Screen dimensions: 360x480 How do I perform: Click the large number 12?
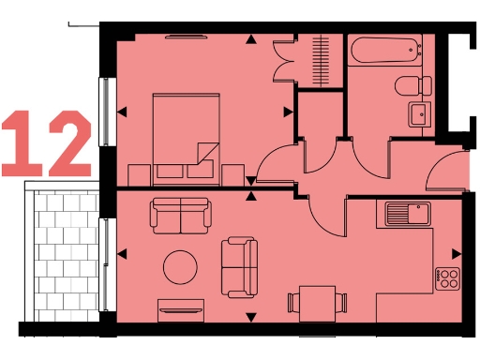tap(47, 142)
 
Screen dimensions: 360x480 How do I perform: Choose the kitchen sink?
tap(404, 215)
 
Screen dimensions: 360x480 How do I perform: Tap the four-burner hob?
tap(447, 277)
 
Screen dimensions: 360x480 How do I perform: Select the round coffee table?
tap(181, 267)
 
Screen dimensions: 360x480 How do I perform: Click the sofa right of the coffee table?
tap(237, 266)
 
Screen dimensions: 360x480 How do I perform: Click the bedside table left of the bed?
tap(139, 174)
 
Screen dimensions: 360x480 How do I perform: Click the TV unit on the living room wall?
tap(181, 305)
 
